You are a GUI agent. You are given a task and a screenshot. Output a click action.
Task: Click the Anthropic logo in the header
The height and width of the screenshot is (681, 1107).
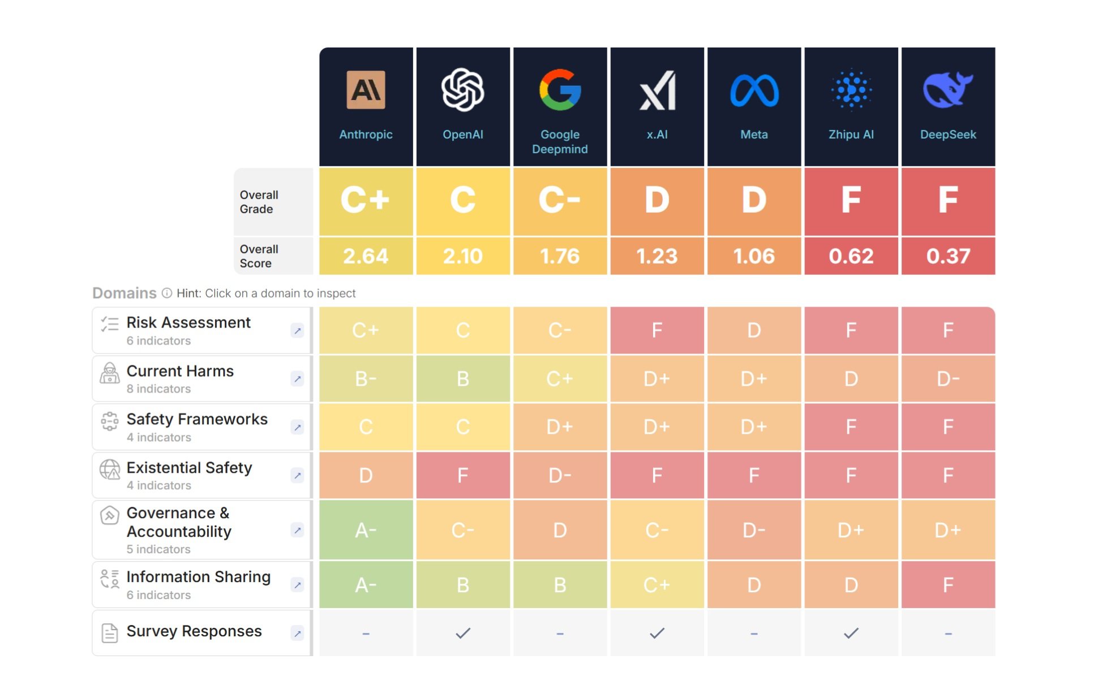click(x=366, y=89)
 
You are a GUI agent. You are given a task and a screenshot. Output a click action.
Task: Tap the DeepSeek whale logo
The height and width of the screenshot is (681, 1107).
click(x=947, y=89)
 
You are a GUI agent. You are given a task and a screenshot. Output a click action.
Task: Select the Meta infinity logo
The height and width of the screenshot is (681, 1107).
click(x=754, y=90)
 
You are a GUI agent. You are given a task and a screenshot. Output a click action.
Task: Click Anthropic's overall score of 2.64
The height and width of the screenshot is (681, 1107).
click(x=366, y=256)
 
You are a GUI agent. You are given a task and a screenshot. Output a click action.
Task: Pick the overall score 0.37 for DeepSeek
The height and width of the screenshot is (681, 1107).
click(x=948, y=256)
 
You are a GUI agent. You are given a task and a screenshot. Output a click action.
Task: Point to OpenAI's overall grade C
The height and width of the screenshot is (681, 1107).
click(x=462, y=200)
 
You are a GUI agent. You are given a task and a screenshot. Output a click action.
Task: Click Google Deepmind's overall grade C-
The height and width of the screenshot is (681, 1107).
click(x=560, y=200)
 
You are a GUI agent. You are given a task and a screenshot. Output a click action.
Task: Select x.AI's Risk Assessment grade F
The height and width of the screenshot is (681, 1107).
click(x=657, y=330)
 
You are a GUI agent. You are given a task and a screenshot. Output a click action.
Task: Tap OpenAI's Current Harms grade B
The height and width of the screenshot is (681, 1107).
click(x=462, y=379)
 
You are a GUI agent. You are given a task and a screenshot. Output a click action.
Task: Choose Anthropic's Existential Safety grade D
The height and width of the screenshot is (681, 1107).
click(x=366, y=476)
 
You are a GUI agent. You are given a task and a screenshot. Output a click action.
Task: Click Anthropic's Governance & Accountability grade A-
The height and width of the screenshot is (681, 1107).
click(x=366, y=531)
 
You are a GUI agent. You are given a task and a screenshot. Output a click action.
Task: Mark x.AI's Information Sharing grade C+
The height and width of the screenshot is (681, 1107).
click(x=657, y=585)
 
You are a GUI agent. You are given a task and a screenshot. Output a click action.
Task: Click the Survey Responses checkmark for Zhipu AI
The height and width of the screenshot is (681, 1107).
click(x=851, y=633)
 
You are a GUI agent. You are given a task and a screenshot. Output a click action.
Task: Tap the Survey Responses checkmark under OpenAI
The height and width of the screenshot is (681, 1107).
click(x=462, y=633)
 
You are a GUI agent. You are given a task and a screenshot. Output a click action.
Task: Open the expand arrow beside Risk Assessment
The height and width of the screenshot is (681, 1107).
click(x=297, y=331)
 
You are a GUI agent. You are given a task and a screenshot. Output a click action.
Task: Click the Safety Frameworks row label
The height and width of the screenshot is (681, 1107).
click(x=197, y=420)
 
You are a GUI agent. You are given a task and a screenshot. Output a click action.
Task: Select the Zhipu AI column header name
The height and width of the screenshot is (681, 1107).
click(x=851, y=135)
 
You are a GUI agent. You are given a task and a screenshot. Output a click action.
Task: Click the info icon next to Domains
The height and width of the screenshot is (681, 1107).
click(x=167, y=293)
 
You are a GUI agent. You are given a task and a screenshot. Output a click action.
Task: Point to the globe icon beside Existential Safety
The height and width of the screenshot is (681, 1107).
click(x=110, y=469)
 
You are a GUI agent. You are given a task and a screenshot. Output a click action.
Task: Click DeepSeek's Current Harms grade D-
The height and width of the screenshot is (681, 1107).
click(x=948, y=379)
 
